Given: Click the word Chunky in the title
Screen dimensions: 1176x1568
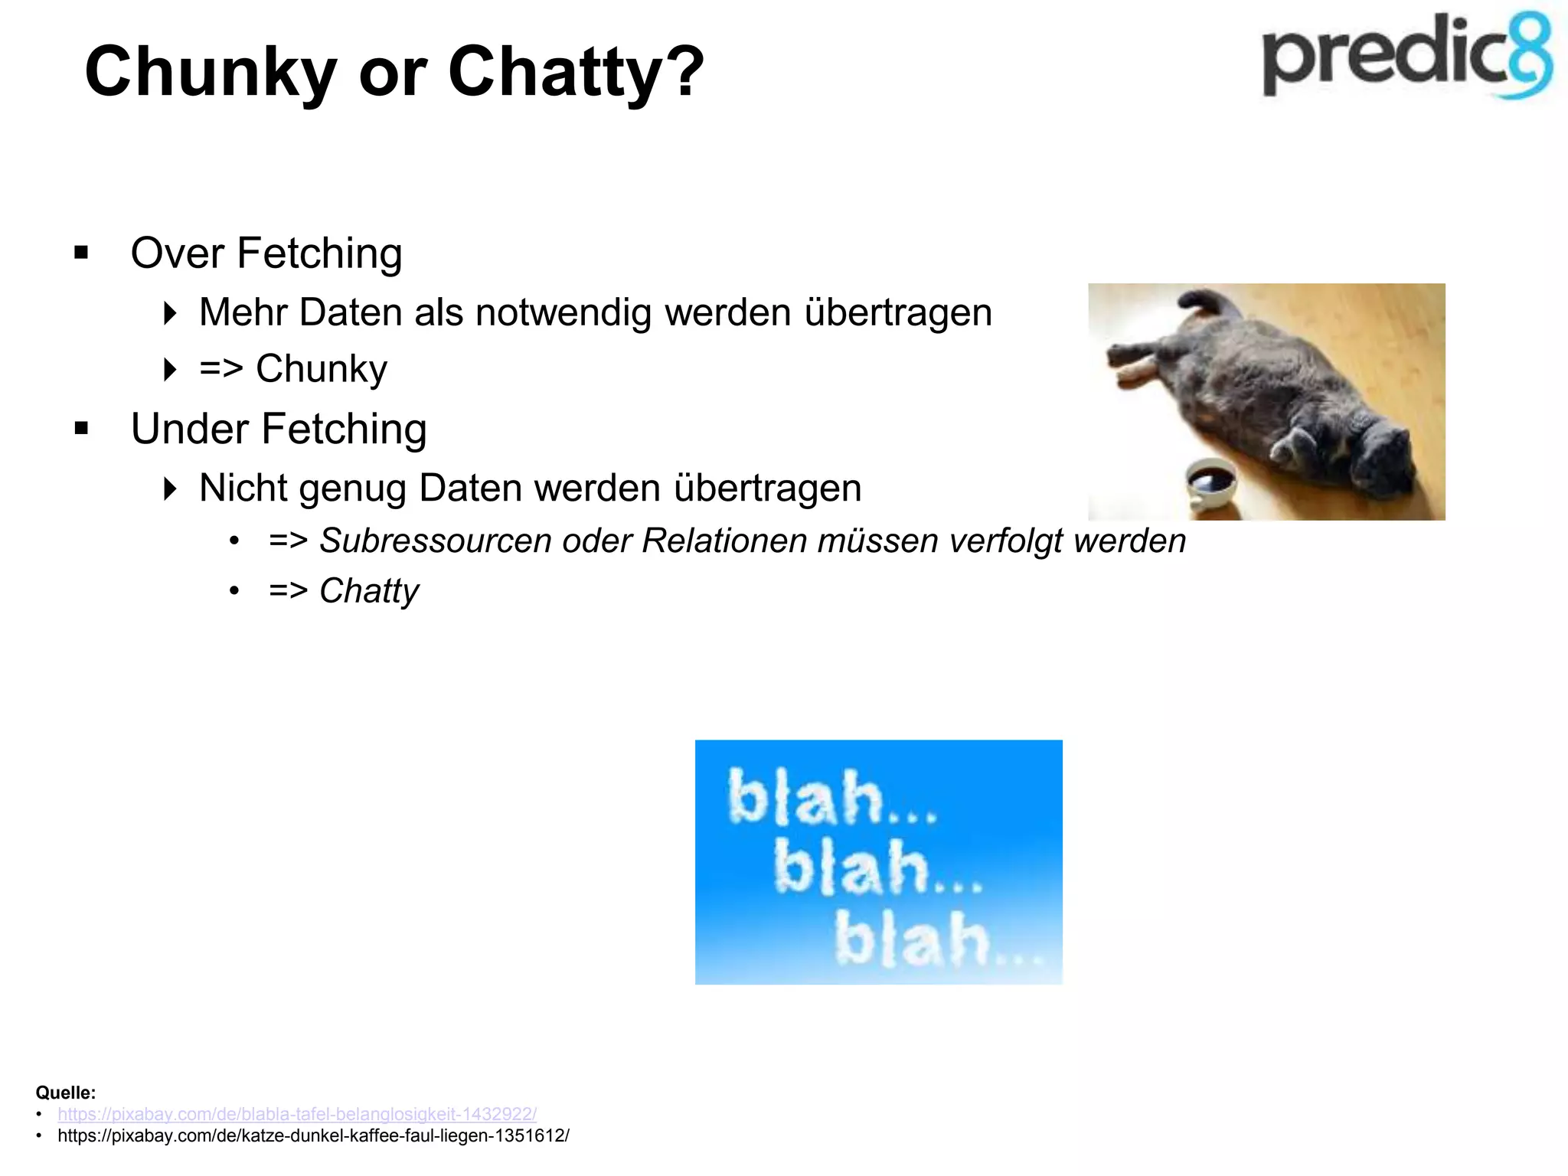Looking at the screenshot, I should tap(211, 73).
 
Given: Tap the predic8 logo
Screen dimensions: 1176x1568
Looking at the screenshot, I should tap(1407, 57).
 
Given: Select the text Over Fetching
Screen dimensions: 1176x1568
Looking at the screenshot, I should tap(266, 253).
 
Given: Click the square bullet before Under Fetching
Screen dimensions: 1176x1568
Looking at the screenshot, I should tap(82, 429).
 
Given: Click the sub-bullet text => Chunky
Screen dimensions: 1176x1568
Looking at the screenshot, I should tap(293, 369).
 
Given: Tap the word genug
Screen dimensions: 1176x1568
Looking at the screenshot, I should tap(352, 489).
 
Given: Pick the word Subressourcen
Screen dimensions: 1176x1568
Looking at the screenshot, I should tap(435, 541).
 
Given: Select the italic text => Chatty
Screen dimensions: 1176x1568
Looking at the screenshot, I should tap(344, 591).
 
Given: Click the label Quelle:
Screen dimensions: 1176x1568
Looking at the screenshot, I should tap(66, 1093).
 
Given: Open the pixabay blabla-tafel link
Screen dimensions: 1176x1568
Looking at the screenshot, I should tap(297, 1114).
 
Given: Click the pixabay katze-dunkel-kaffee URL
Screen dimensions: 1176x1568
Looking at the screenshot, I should tap(313, 1136).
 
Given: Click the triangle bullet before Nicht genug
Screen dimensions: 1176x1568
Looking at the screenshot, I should tap(170, 488).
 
